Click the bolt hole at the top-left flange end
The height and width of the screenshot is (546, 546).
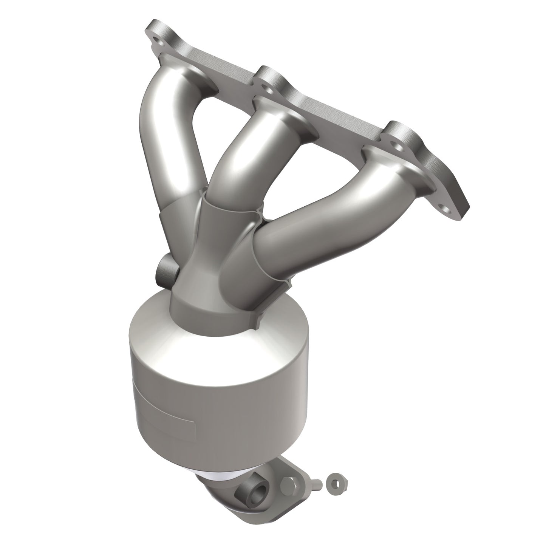click(156, 39)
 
